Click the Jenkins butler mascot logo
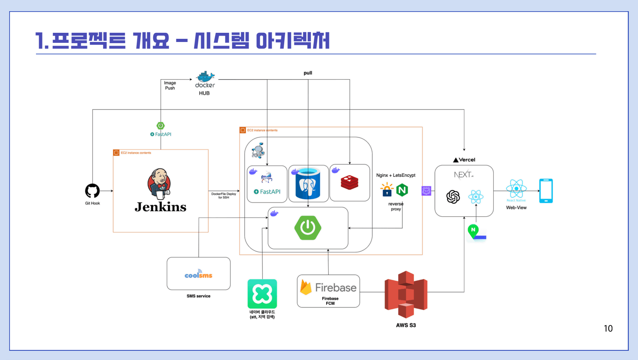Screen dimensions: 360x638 click(159, 184)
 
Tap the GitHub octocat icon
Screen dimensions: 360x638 click(92, 191)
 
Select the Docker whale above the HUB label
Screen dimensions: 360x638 click(205, 76)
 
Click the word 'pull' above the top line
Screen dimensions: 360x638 click(308, 73)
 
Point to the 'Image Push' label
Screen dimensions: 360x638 click(170, 86)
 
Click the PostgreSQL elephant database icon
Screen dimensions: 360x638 click(308, 184)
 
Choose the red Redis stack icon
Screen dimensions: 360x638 click(349, 182)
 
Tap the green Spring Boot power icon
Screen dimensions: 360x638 click(308, 228)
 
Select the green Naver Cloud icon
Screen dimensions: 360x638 click(262, 294)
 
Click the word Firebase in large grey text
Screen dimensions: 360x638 click(336, 288)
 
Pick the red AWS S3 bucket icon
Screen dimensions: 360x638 click(406, 294)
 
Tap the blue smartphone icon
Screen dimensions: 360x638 click(546, 191)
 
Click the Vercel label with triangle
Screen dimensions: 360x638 click(464, 160)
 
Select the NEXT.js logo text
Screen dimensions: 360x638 click(463, 175)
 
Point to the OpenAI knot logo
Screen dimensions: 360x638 click(453, 197)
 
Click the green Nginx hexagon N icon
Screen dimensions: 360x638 click(402, 190)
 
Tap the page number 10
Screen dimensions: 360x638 click(608, 329)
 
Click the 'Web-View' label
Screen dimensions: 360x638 click(516, 208)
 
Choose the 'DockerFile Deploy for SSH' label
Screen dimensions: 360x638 click(223, 196)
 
